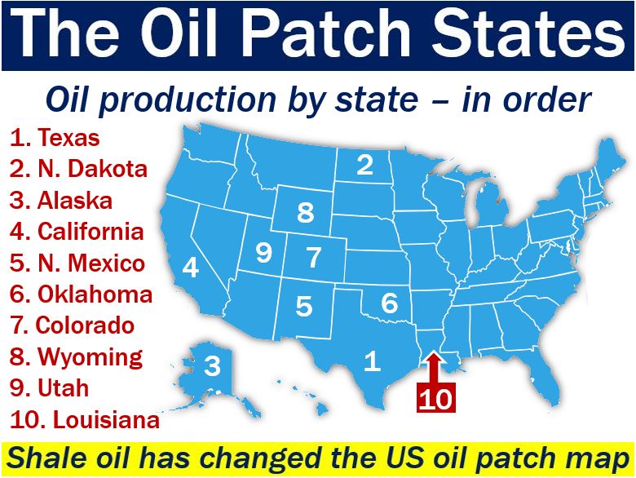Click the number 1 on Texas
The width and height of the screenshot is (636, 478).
click(373, 361)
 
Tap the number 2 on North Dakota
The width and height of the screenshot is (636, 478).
click(364, 164)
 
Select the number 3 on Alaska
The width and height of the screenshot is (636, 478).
click(212, 365)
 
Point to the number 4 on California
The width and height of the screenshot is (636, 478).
click(191, 268)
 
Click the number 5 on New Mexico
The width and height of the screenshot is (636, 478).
click(304, 306)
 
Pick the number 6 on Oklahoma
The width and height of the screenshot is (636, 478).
click(390, 303)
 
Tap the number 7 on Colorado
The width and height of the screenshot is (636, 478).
click(314, 257)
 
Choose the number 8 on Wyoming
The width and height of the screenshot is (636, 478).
click(306, 212)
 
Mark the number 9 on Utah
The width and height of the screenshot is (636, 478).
click(264, 252)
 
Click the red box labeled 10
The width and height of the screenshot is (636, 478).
click(436, 397)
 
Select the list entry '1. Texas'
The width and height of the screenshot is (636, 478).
click(55, 137)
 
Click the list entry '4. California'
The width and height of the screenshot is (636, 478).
click(77, 232)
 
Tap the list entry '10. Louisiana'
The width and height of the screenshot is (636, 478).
click(85, 419)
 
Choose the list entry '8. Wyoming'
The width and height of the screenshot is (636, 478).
click(77, 357)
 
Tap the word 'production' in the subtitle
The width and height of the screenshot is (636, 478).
click(188, 100)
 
